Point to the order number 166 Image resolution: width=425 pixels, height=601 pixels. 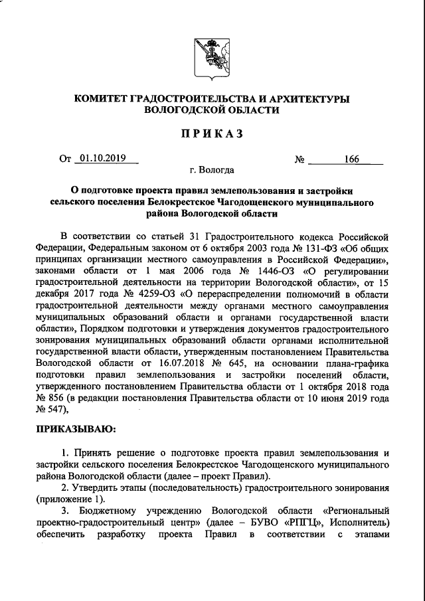(351, 159)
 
